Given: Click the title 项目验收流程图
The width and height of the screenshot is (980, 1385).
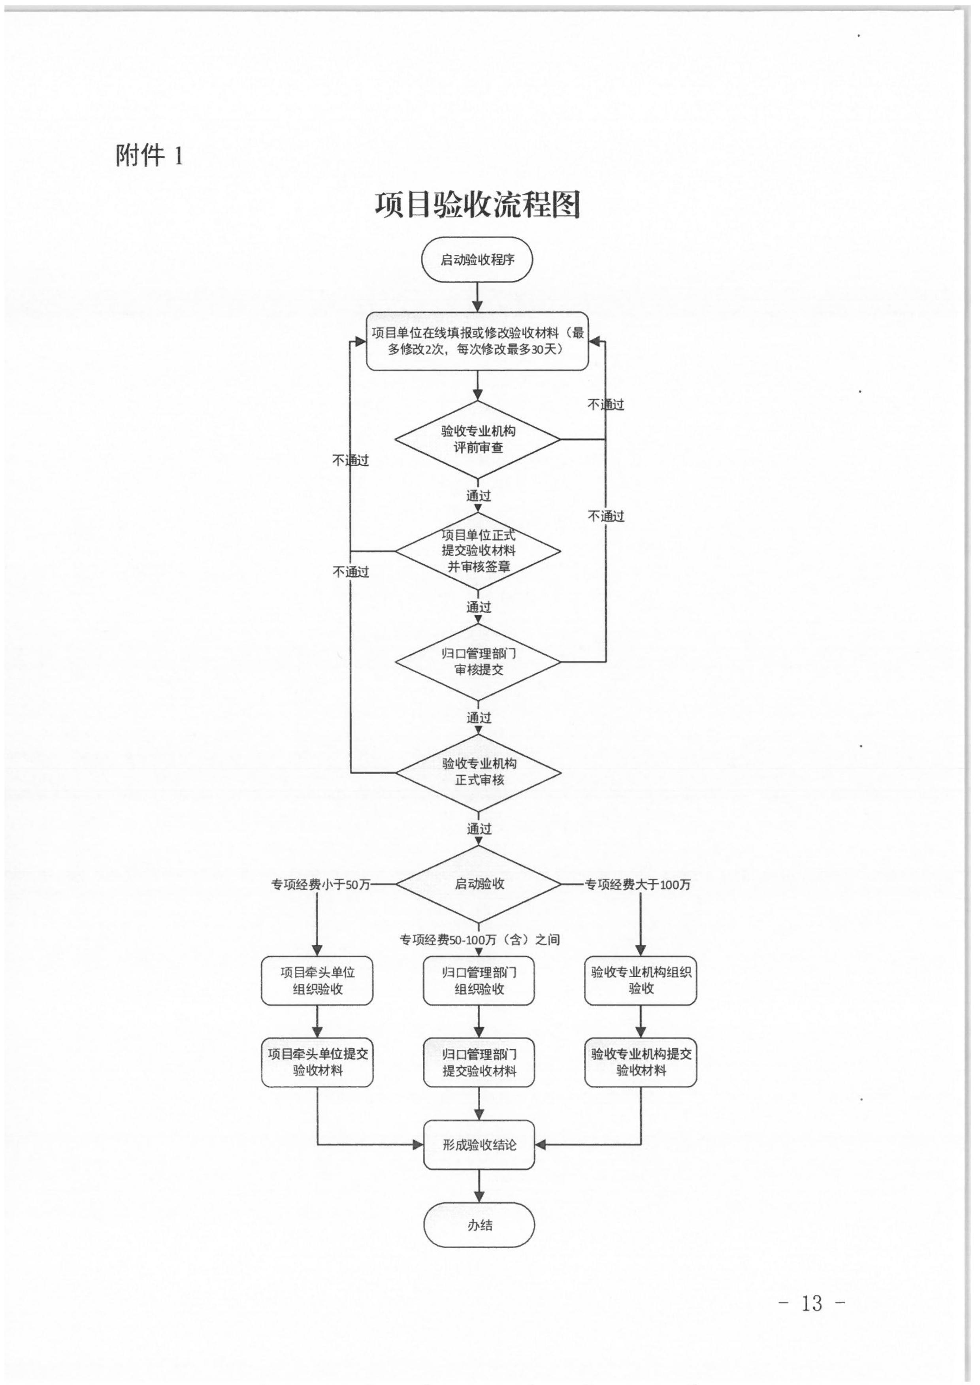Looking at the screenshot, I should tap(477, 205).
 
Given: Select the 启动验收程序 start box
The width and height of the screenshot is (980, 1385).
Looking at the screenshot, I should tap(477, 260).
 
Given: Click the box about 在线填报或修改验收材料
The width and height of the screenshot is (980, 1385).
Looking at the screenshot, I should tap(477, 341).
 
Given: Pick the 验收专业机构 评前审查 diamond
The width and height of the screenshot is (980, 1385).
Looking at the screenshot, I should tap(478, 439).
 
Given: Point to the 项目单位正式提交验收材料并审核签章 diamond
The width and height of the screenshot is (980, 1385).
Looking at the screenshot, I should tap(478, 550).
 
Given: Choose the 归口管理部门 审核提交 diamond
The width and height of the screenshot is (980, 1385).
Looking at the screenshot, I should tap(478, 662).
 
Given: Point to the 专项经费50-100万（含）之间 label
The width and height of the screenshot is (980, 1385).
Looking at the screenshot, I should tap(480, 940).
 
